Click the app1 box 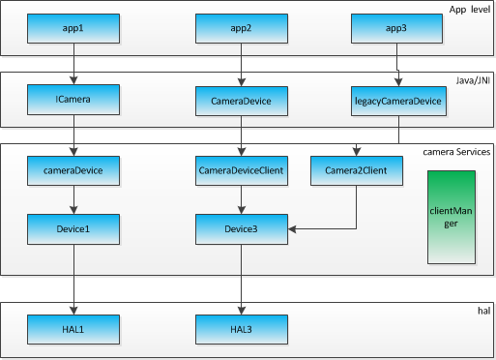tap(73, 29)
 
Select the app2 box tap(241, 29)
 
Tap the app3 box tap(396, 29)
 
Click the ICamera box tap(73, 99)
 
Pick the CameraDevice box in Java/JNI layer tap(241, 99)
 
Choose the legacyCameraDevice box tap(397, 99)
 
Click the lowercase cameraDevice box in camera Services tap(73, 171)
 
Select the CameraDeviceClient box tap(241, 171)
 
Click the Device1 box tap(73, 229)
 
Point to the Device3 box tap(241, 229)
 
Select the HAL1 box tap(73, 329)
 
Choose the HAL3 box tap(241, 329)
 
